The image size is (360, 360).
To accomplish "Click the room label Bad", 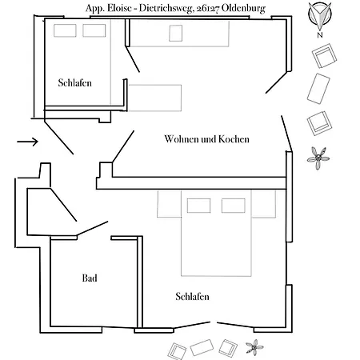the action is click(x=90, y=278).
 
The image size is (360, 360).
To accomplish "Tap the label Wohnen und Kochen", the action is click(x=206, y=139).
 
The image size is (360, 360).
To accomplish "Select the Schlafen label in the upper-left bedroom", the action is click(x=75, y=82).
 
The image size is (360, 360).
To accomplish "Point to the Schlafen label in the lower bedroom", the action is click(x=192, y=296).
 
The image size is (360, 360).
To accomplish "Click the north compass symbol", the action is click(x=320, y=15).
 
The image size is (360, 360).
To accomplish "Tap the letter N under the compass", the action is click(x=320, y=35).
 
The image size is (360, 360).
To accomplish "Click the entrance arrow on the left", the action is click(x=28, y=142).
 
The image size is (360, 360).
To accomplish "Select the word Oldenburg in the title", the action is click(x=243, y=9).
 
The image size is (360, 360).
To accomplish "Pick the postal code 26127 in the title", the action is click(x=208, y=9).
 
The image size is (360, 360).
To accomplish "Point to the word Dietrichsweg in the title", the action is click(x=166, y=9).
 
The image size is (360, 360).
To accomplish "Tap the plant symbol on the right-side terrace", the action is click(x=318, y=158).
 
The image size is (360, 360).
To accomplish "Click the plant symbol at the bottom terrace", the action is click(x=254, y=347).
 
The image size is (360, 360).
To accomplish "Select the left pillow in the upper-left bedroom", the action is click(x=65, y=30).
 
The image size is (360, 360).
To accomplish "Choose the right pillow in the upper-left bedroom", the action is click(x=94, y=30).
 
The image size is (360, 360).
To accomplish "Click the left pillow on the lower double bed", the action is click(x=198, y=206).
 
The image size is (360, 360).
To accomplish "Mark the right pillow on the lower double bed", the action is click(x=234, y=206).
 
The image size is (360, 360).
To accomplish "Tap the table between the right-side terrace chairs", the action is click(x=318, y=89).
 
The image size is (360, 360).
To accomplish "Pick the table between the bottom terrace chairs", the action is click(x=202, y=347).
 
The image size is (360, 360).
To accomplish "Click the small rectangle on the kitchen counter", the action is click(x=176, y=34).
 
